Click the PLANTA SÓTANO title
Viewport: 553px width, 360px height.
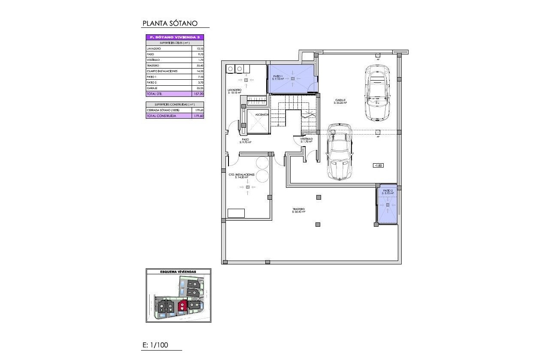(x=170, y=24)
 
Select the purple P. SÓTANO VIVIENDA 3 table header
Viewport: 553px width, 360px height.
(x=175, y=38)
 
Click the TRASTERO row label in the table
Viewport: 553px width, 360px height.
(x=153, y=66)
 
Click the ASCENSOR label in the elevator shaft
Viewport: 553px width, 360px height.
(x=261, y=115)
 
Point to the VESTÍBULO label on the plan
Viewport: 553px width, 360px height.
(x=307, y=139)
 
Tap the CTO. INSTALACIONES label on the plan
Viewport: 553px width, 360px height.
(x=241, y=175)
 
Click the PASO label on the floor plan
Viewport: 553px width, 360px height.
(x=245, y=140)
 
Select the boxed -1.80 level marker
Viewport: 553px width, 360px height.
(x=378, y=165)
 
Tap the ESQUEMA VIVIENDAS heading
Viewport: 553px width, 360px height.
(x=178, y=272)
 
